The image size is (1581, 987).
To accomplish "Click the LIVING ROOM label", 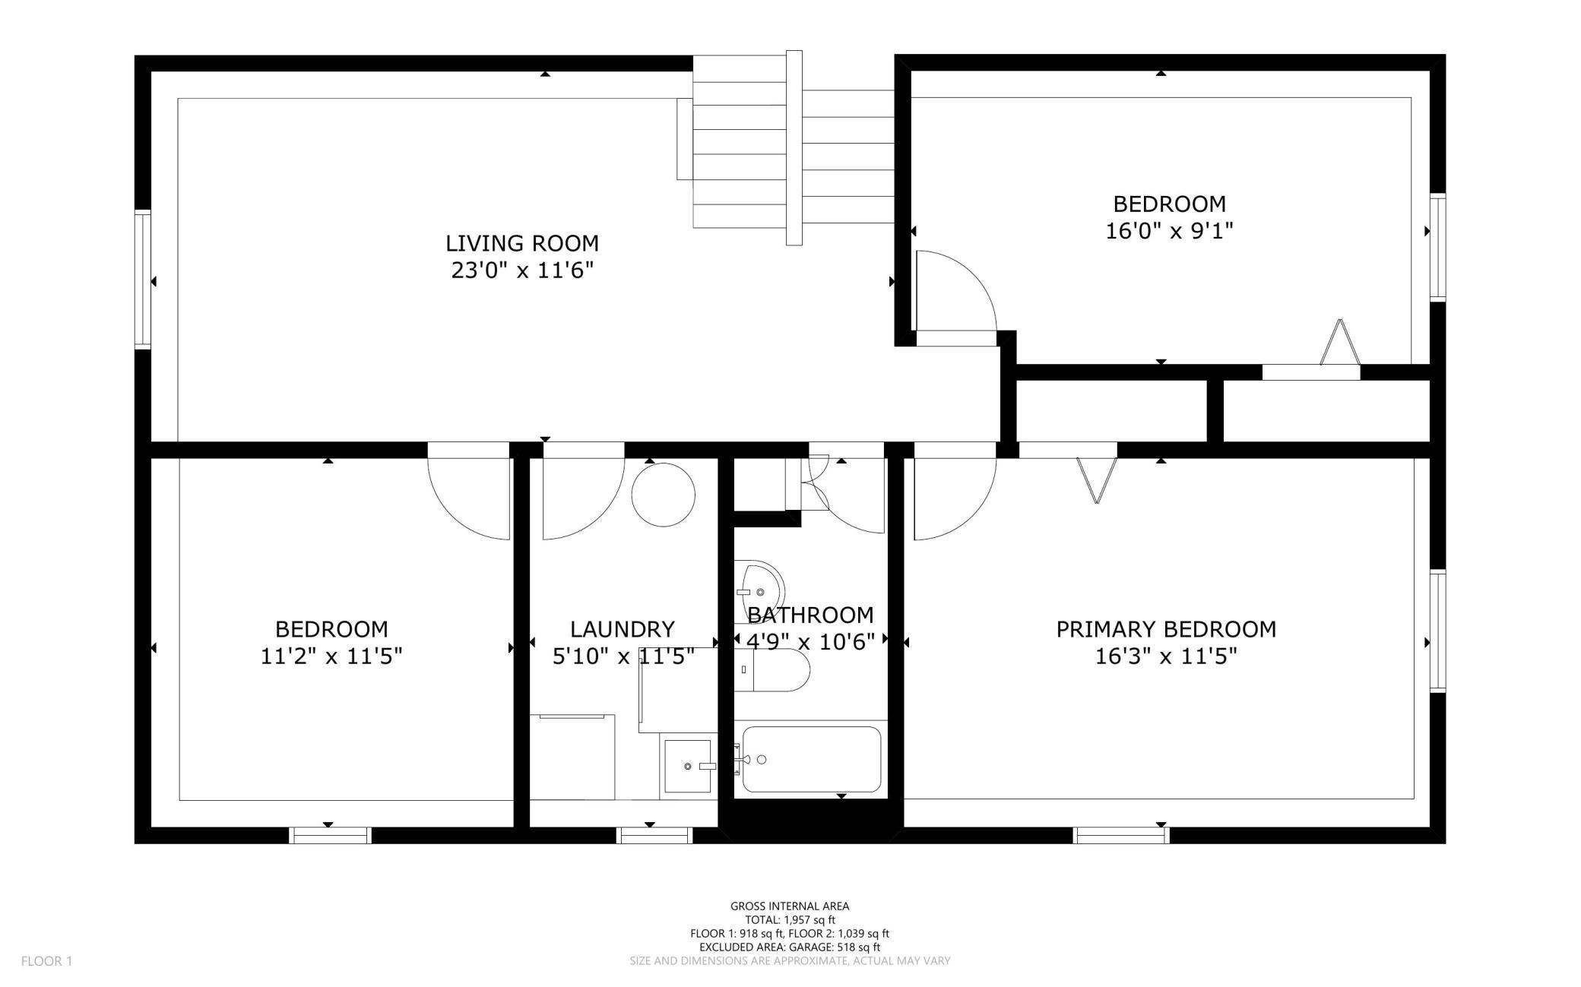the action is pyautogui.click(x=522, y=243).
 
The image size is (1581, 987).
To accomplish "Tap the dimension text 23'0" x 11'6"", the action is pyautogui.click(x=522, y=270).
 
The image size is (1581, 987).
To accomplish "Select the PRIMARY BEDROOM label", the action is pyautogui.click(x=1166, y=629).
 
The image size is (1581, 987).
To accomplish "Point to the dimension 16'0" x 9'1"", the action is pyautogui.click(x=1169, y=231).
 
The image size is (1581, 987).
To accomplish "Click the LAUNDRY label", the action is pyautogui.click(x=623, y=629).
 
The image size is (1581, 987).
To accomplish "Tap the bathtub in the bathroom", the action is pyautogui.click(x=811, y=759).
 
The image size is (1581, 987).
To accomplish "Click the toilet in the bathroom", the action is pyautogui.click(x=771, y=669).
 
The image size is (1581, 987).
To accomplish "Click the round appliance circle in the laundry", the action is pyautogui.click(x=664, y=495).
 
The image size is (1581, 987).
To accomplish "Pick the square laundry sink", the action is pyautogui.click(x=688, y=767).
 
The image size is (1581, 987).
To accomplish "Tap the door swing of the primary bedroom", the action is pyautogui.click(x=955, y=499).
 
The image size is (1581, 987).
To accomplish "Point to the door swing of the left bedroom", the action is pyautogui.click(x=468, y=499).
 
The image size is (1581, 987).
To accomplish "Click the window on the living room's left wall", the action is pyautogui.click(x=143, y=279).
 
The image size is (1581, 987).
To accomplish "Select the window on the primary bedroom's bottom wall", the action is pyautogui.click(x=1121, y=835).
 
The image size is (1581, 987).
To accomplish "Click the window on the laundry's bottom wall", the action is pyautogui.click(x=654, y=835).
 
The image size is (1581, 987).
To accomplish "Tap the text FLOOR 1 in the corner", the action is pyautogui.click(x=46, y=961).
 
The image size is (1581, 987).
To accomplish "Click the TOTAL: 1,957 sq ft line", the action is pyautogui.click(x=790, y=920).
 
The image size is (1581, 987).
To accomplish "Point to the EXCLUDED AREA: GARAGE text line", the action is pyautogui.click(x=790, y=947).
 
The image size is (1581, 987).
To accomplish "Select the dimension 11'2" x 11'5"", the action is pyautogui.click(x=331, y=656).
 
